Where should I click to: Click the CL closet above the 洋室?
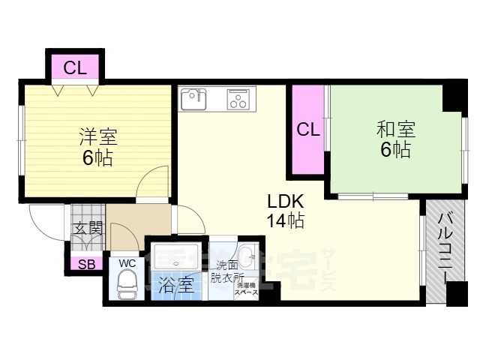point(75,68)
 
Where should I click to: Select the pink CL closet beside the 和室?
point(308,128)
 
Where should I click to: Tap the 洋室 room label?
point(98,138)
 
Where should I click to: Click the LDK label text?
point(284,201)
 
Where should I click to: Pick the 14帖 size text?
point(284,221)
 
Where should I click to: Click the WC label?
point(125,263)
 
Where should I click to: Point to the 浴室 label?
point(175,285)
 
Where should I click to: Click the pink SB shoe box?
point(85,264)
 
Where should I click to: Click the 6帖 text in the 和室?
point(394,149)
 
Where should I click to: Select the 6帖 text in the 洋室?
point(97,158)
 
